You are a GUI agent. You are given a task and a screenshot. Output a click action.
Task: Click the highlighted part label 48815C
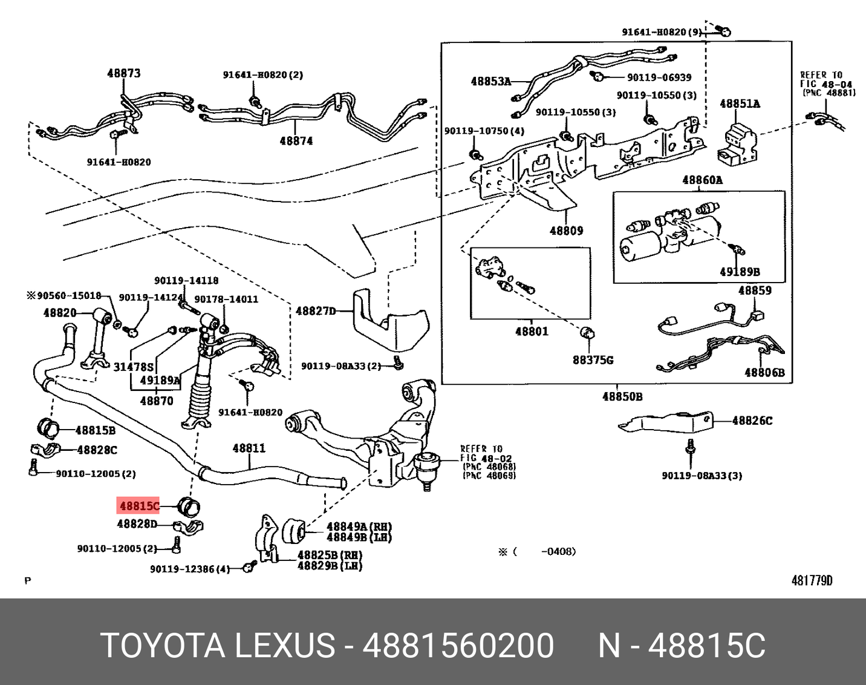pyautogui.click(x=139, y=506)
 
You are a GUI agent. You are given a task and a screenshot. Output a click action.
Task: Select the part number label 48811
pyautogui.click(x=249, y=448)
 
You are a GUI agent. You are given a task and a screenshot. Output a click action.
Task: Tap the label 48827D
pyautogui.click(x=315, y=311)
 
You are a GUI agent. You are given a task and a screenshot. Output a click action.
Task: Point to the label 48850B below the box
pyautogui.click(x=622, y=397)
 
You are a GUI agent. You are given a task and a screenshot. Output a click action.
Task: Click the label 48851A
pyautogui.click(x=740, y=104)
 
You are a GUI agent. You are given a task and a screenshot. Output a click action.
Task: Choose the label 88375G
pyautogui.click(x=593, y=360)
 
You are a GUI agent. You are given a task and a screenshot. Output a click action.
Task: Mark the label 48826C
pyautogui.click(x=752, y=421)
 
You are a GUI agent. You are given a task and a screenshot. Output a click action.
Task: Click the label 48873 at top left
pyautogui.click(x=124, y=73)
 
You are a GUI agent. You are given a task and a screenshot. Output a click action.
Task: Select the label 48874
pyautogui.click(x=296, y=141)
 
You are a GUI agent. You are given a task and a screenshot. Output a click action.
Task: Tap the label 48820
pyautogui.click(x=60, y=313)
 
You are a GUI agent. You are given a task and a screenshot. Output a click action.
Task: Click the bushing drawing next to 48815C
pyautogui.click(x=190, y=504)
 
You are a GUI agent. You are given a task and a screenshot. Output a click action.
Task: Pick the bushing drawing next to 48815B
pyautogui.click(x=48, y=426)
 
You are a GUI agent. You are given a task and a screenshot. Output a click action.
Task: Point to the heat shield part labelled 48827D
pyautogui.click(x=390, y=321)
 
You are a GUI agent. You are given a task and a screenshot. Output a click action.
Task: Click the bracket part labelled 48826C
pyautogui.click(x=665, y=422)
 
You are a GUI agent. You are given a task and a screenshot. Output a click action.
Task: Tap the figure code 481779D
pyautogui.click(x=812, y=581)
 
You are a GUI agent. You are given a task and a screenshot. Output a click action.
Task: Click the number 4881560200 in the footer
pyautogui.click(x=458, y=645)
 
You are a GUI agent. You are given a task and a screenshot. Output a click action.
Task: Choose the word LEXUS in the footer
pyautogui.click(x=284, y=645)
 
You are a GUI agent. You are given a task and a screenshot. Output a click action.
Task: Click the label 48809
pyautogui.click(x=566, y=231)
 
